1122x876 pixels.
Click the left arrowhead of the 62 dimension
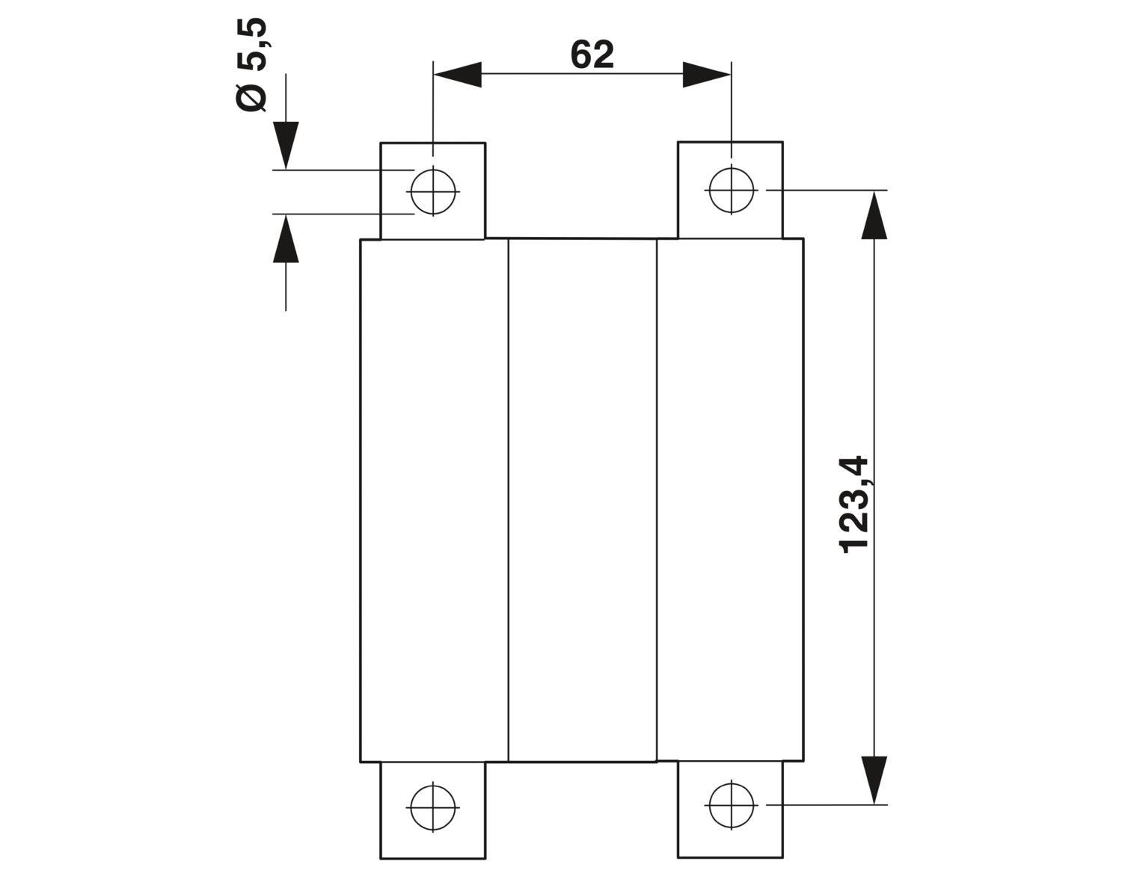coord(458,75)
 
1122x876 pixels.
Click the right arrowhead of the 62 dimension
coord(707,75)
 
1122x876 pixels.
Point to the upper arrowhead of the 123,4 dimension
coord(874,215)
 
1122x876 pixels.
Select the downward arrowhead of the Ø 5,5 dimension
coord(286,145)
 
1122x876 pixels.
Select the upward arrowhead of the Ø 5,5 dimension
coord(286,238)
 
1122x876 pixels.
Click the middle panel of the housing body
coord(583,499)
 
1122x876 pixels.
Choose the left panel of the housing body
coord(435,499)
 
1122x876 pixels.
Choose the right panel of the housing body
coord(730,499)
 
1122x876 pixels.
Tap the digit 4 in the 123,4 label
coord(854,466)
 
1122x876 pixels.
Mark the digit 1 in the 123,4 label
coord(854,548)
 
